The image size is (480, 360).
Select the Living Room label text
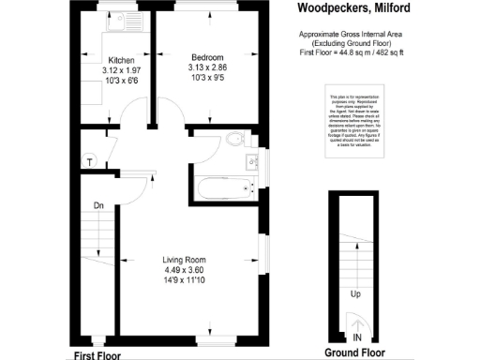coord(184,260)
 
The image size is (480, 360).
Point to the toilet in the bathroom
coord(235,142)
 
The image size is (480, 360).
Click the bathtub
coord(226,187)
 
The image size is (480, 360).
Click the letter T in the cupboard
coord(90,161)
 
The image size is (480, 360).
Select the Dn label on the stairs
coord(98,204)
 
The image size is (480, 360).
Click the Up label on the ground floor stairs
coord(355,293)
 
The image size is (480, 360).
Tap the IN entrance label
coord(356,337)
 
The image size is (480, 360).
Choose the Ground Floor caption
coord(354,352)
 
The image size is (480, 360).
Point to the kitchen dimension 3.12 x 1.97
coord(122,70)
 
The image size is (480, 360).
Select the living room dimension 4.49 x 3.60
coord(184,271)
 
